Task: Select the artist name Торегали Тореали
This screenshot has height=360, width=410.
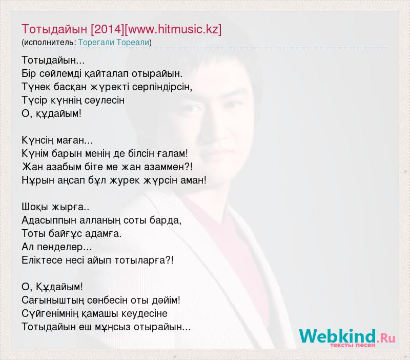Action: pyautogui.click(x=114, y=43)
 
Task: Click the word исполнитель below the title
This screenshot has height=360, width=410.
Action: pyautogui.click(x=49, y=43)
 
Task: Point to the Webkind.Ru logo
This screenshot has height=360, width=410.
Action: pyautogui.click(x=347, y=336)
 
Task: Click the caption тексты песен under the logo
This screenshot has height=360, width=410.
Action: pyautogui.click(x=353, y=345)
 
